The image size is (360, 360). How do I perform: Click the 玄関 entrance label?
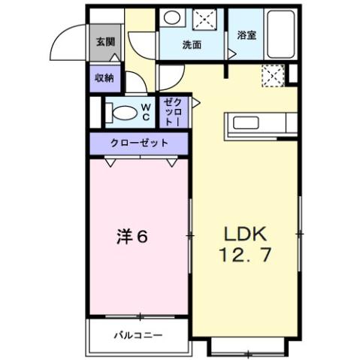104,41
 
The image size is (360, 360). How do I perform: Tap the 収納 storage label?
104,77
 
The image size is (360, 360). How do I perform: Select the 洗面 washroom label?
192,45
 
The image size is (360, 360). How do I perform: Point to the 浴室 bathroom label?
246,35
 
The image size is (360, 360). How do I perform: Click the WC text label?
146,112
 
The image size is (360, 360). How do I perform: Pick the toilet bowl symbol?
120,113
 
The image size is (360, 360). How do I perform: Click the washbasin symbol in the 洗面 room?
172,20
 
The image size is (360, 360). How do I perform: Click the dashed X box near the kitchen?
271,74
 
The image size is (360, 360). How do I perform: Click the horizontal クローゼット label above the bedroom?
138,142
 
